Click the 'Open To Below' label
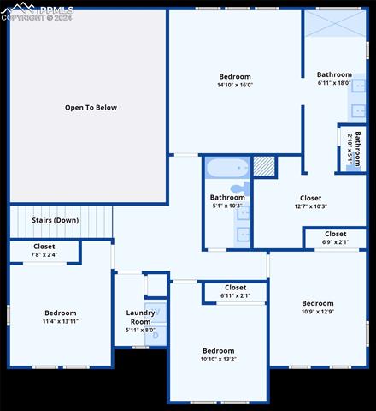91,108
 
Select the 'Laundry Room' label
141,318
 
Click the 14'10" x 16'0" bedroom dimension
235,85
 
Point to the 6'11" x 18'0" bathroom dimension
334,82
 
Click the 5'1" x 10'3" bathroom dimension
227,205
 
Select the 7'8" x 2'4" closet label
44,247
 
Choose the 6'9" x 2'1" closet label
335,234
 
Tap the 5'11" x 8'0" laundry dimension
140,330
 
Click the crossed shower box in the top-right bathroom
335,24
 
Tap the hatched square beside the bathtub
264,166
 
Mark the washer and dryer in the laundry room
155,324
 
